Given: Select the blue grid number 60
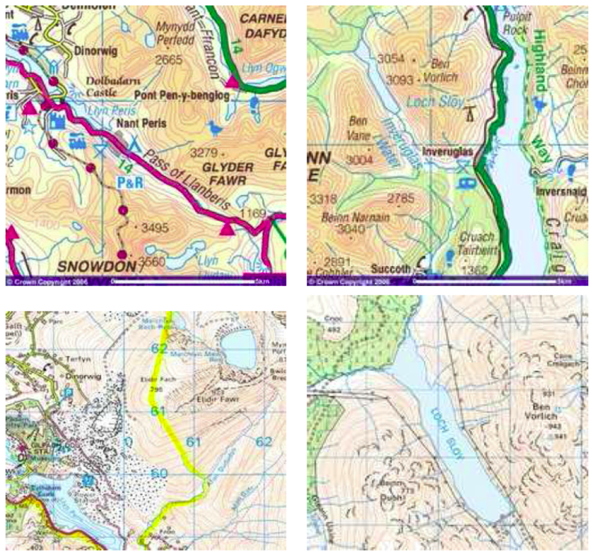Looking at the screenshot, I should [158, 473].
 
